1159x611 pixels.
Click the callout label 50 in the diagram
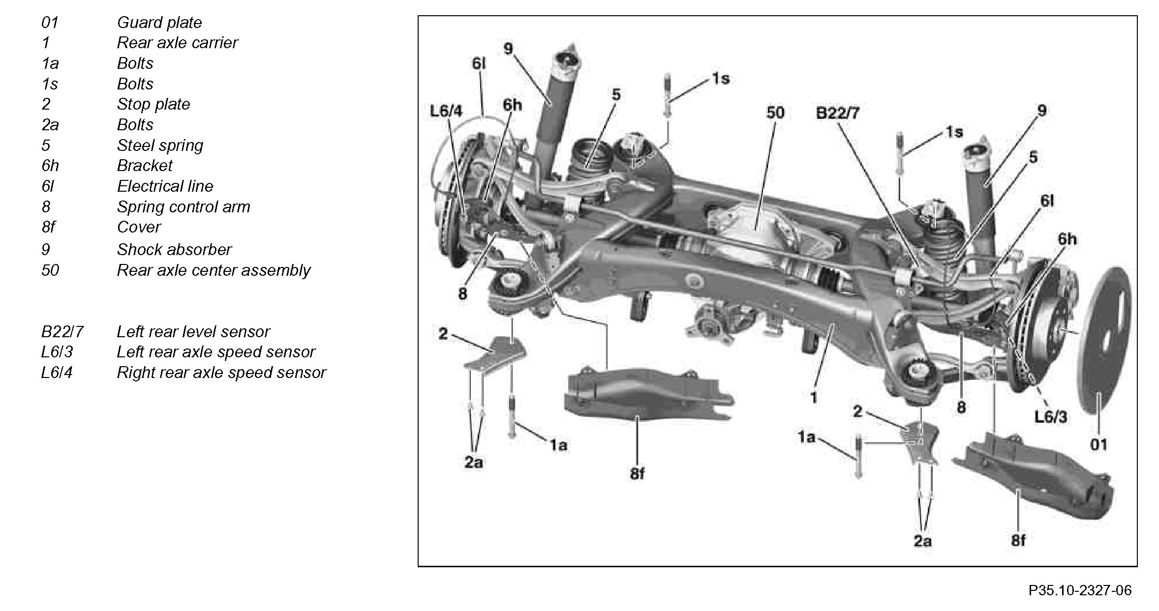pos(775,113)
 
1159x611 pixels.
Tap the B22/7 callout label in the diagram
pos(837,114)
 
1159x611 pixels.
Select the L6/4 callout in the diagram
pos(446,112)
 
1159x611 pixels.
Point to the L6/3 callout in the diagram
pos(1051,417)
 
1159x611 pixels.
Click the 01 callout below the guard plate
pos(1098,445)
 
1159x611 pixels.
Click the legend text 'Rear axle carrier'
pos(177,43)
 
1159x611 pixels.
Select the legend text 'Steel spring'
pos(160,145)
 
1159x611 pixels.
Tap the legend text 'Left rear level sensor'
pos(193,332)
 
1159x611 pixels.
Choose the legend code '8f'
pos(48,227)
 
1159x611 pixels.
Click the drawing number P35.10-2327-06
pos(1080,590)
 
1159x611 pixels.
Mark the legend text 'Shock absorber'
pos(174,250)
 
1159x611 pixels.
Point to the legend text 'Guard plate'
pos(159,23)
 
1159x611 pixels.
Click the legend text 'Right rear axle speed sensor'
pos(221,373)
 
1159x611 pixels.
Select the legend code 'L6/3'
pos(57,352)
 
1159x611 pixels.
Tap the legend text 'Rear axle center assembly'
pos(213,270)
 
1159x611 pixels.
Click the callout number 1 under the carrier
pos(814,397)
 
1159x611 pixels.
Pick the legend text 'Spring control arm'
pos(183,207)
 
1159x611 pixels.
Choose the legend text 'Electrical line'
pos(165,186)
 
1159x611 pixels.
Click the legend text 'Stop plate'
pos(153,104)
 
